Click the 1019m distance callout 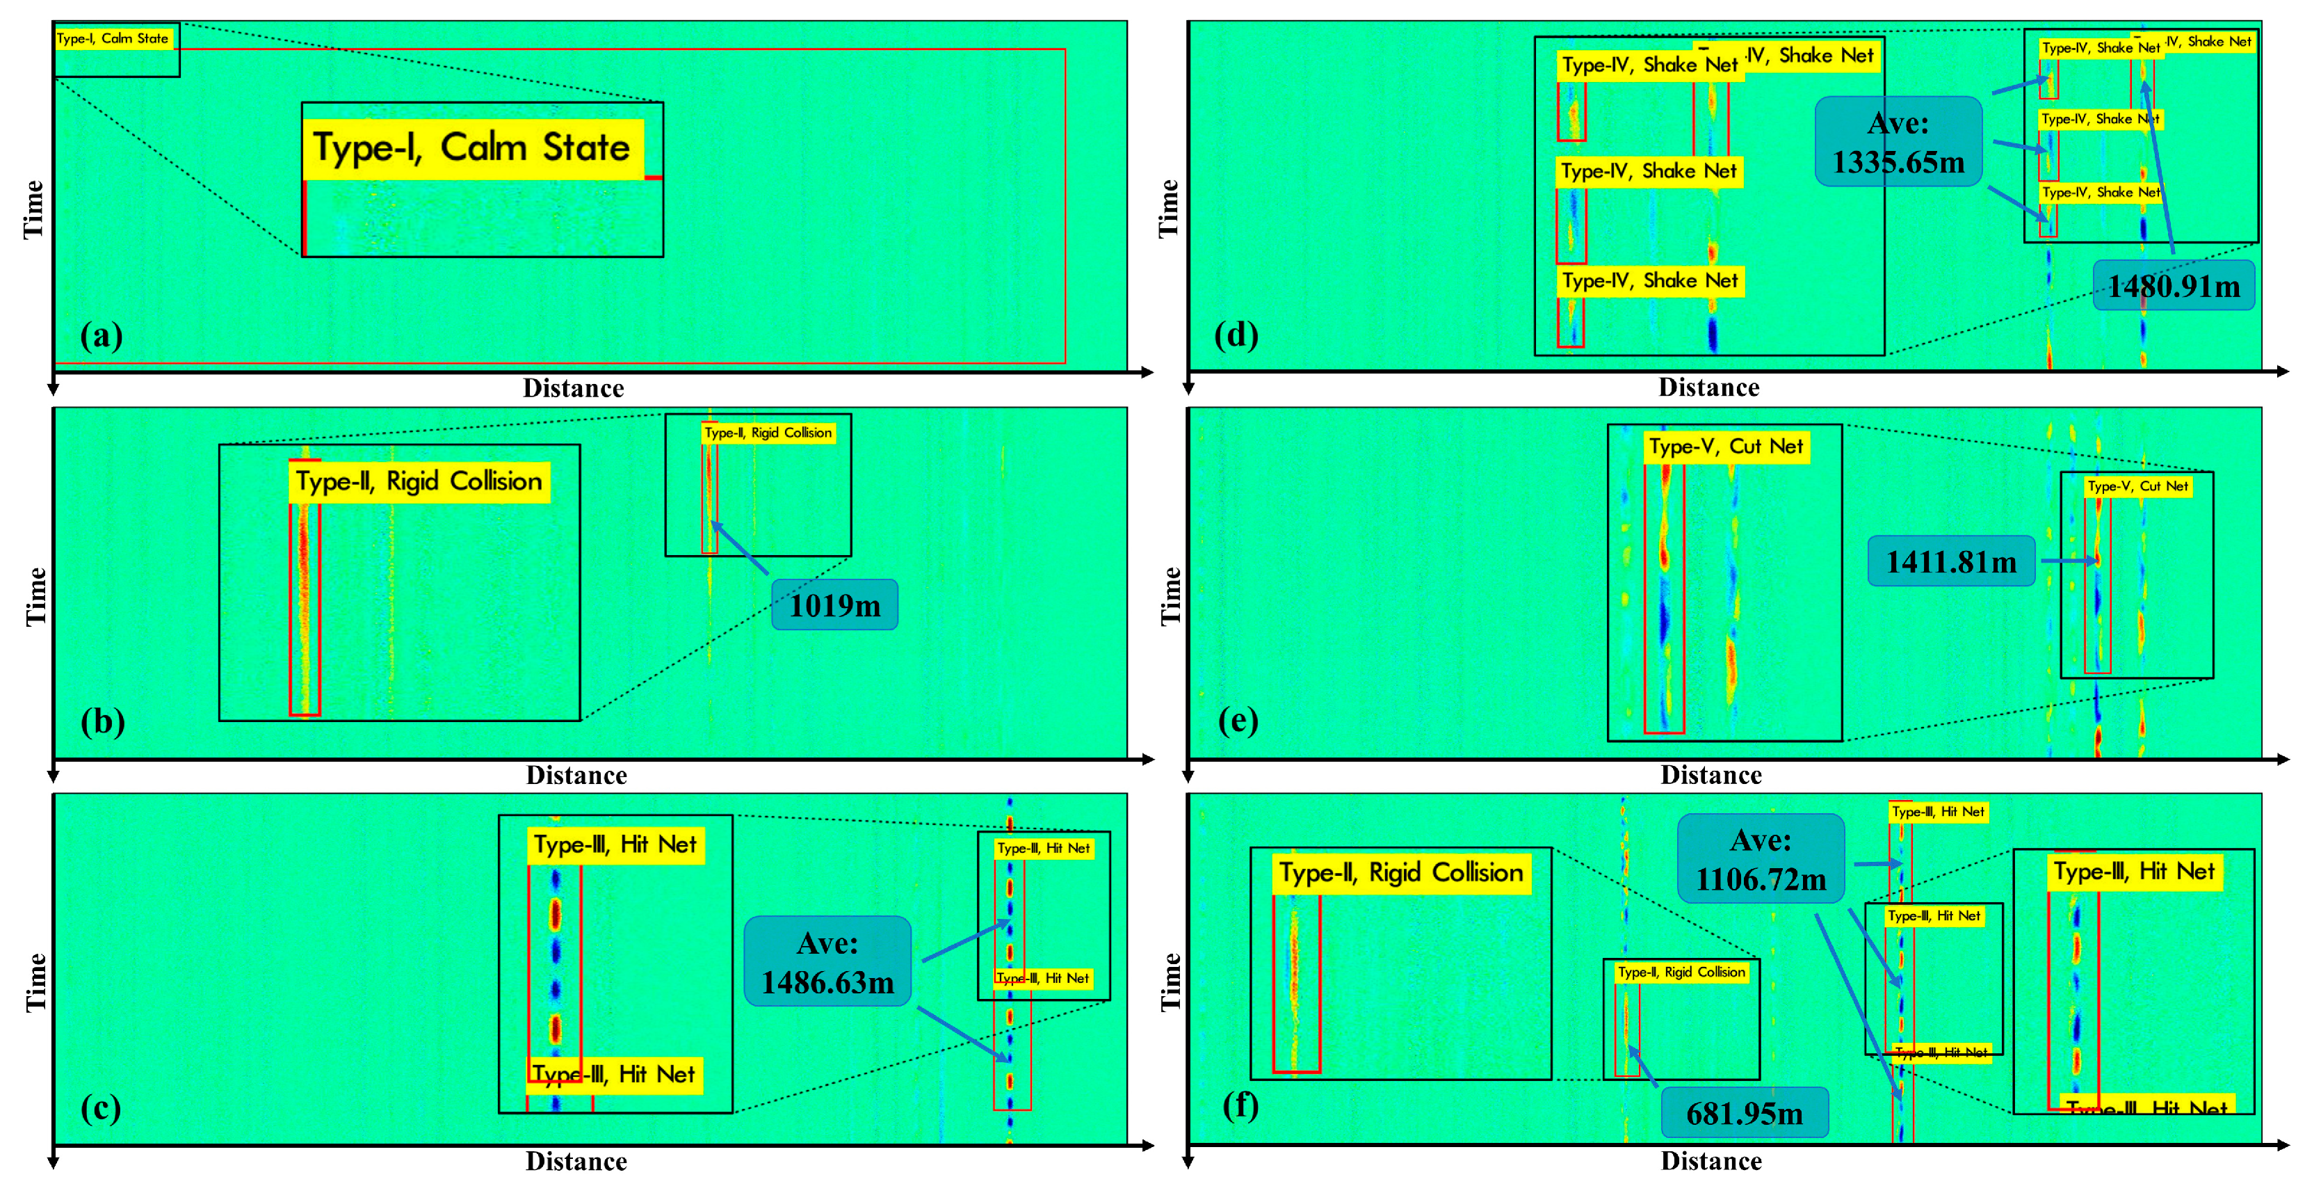[x=834, y=605]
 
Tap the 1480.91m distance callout [x=2174, y=287]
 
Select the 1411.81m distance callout [x=1950, y=561]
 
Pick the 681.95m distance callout [x=1744, y=1112]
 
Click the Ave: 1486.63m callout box [x=827, y=962]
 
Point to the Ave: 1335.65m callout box [x=1898, y=143]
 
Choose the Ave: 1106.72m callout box [x=1760, y=859]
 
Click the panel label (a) [x=101, y=335]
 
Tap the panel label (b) [x=102, y=721]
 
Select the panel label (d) [x=1236, y=335]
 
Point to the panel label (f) [x=1240, y=1105]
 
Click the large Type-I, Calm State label [x=471, y=147]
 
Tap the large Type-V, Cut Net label [x=1726, y=446]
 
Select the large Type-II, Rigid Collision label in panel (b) [x=419, y=481]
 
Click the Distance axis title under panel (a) [x=574, y=388]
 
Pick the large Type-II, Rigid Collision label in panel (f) [x=1400, y=872]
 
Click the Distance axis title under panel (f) [x=1711, y=1161]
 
